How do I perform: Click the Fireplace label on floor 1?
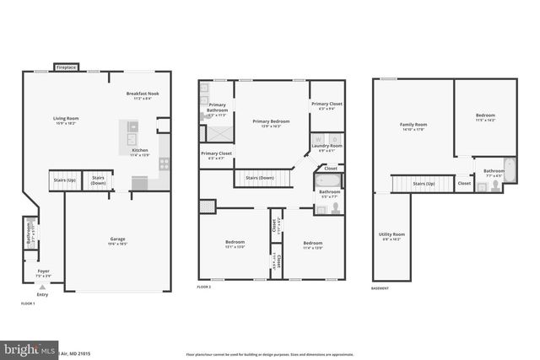pos(67,67)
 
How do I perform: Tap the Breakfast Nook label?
pos(143,94)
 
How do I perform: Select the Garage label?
pos(117,239)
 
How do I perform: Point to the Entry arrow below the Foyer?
pos(43,287)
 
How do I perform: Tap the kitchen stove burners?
pos(164,163)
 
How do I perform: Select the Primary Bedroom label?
pos(272,121)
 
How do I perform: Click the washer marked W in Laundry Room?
pos(320,137)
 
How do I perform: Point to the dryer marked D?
pos(335,137)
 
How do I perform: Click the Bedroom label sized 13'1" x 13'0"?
pos(235,242)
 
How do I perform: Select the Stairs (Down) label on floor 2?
pos(259,178)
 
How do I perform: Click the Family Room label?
pos(413,124)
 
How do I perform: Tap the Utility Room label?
pos(391,235)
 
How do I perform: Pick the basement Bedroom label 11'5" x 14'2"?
pos(485,116)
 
